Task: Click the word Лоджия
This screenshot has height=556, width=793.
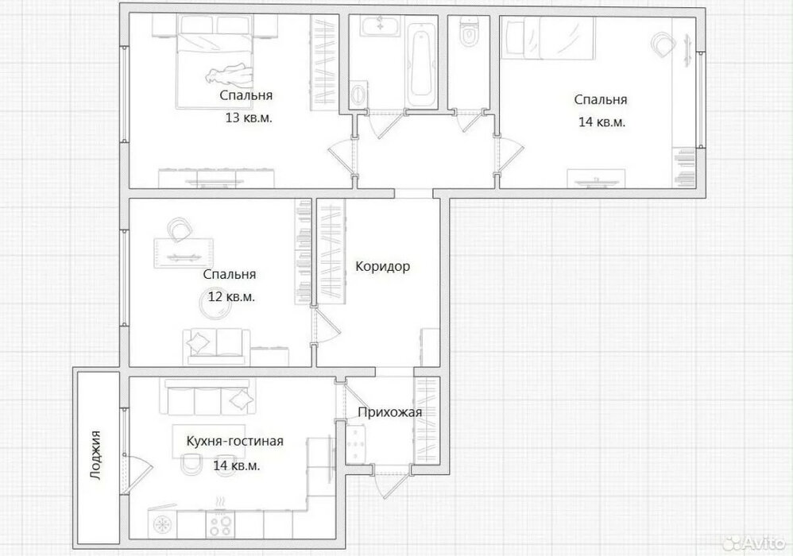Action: [95, 455]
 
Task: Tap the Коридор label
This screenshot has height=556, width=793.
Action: [382, 266]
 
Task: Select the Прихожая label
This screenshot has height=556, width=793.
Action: [389, 412]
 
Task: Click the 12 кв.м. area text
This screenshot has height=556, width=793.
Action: [231, 296]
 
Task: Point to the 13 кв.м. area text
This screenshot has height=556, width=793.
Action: [249, 118]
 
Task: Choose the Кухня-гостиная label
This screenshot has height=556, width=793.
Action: [234, 442]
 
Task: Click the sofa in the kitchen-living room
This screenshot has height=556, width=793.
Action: [207, 397]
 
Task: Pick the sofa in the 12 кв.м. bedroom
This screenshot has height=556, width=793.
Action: [216, 347]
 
